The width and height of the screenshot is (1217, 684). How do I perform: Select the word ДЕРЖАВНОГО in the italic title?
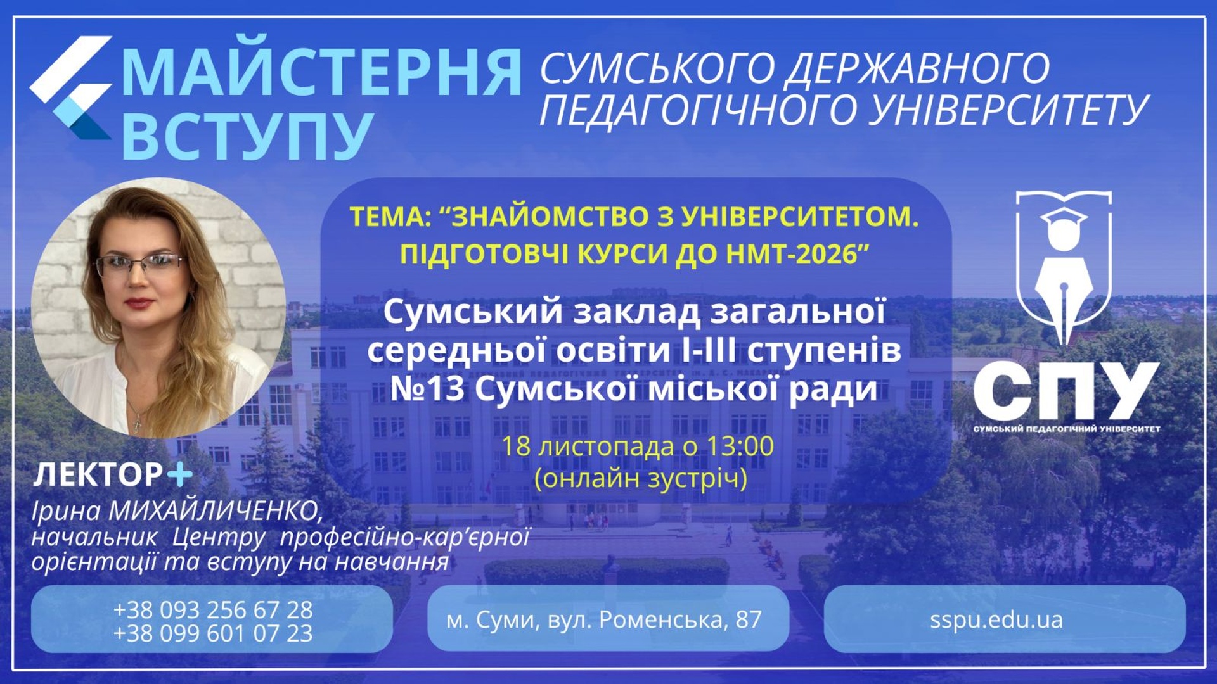point(917,68)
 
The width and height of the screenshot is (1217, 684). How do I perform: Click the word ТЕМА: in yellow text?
point(390,217)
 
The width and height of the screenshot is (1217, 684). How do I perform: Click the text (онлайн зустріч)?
point(641,478)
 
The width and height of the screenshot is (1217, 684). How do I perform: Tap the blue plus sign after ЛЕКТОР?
point(180,474)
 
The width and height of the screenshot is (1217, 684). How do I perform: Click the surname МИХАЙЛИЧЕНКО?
point(216,510)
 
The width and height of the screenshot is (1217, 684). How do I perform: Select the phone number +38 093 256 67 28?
point(213,609)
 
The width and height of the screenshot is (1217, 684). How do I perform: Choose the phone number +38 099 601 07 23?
point(213,633)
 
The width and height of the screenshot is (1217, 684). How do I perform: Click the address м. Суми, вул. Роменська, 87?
point(604,619)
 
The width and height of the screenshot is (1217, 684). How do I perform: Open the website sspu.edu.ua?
point(996,619)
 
